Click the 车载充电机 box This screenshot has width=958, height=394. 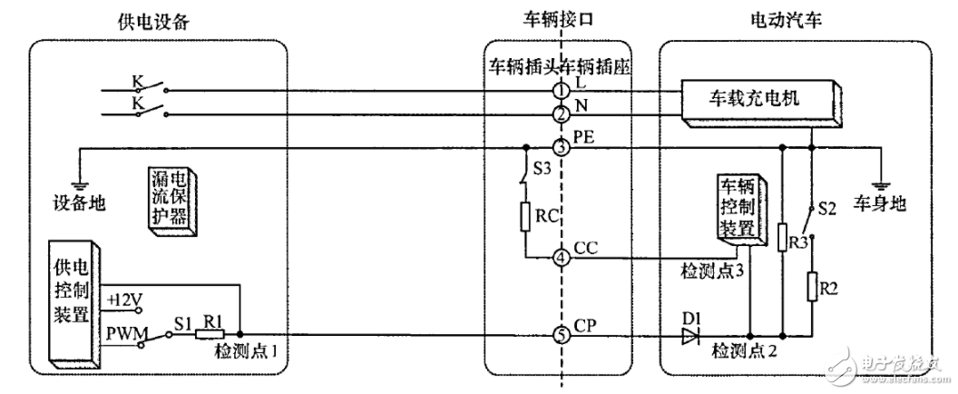[759, 98]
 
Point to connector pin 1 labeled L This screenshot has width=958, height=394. [562, 91]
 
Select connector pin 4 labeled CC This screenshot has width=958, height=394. [562, 258]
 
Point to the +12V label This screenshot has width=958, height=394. [125, 299]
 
